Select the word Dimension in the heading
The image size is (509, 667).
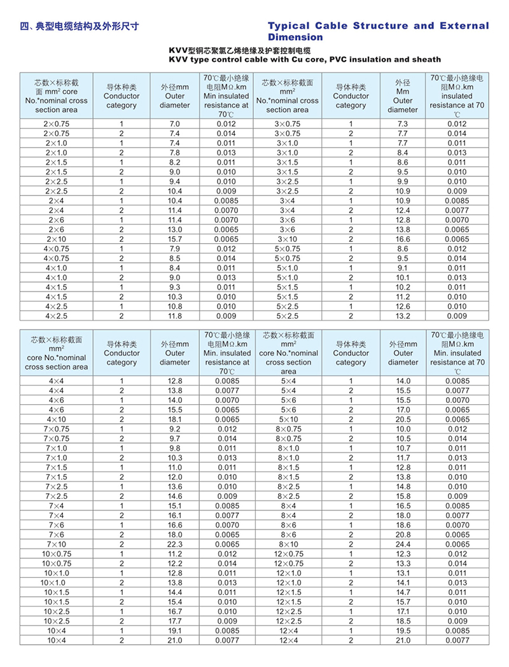click(295, 38)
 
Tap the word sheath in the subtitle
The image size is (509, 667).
click(425, 60)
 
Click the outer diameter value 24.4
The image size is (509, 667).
click(403, 545)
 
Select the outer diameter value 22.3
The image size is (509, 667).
click(175, 545)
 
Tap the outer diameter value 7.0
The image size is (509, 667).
click(175, 123)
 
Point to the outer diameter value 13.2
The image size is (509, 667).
click(403, 316)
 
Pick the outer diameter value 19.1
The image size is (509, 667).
click(175, 631)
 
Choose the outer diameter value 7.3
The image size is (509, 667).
click(403, 123)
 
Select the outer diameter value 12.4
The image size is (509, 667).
click(403, 210)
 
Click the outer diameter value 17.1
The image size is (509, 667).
click(403, 612)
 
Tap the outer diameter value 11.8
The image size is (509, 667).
click(175, 316)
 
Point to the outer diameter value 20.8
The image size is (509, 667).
click(403, 535)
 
